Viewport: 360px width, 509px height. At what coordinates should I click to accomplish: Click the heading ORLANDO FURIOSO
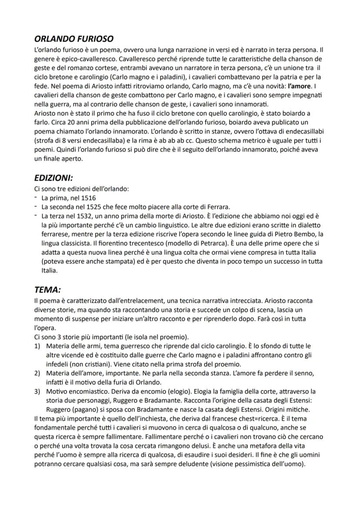(73, 39)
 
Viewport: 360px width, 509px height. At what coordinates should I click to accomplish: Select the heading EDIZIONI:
(53, 178)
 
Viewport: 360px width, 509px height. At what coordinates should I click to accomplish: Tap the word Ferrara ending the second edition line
(217, 206)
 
